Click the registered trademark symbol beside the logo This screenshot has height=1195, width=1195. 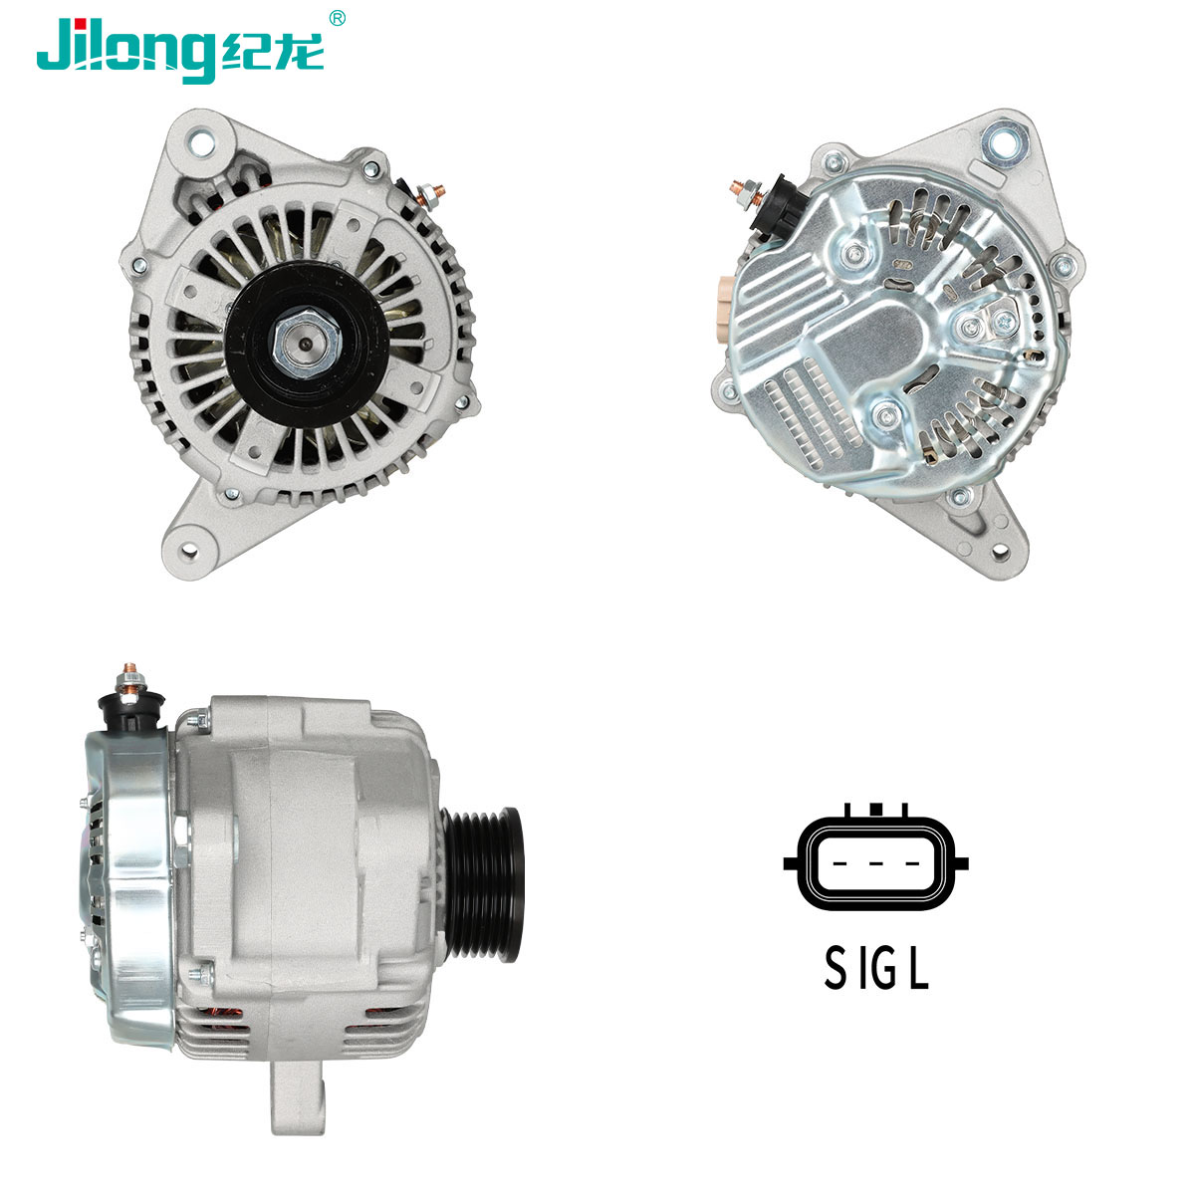pyautogui.click(x=337, y=18)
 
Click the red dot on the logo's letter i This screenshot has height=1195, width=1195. pyautogui.click(x=78, y=24)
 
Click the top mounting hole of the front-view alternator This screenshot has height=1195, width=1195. pyautogui.click(x=201, y=142)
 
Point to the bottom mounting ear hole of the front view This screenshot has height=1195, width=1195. pyautogui.click(x=190, y=550)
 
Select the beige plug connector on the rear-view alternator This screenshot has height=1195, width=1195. pyautogui.click(x=725, y=302)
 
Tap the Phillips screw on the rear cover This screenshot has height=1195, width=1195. pyautogui.click(x=1004, y=322)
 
